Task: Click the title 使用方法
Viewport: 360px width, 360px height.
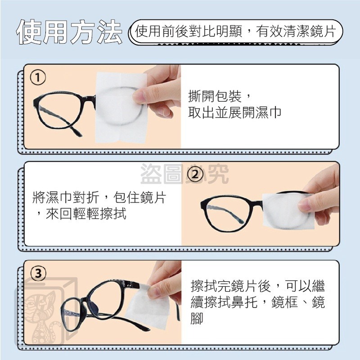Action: tap(69, 32)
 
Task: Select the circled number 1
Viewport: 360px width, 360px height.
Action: tap(38, 78)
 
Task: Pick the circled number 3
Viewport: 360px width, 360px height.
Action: tap(38, 273)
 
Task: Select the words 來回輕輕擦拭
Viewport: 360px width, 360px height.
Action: tap(85, 214)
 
